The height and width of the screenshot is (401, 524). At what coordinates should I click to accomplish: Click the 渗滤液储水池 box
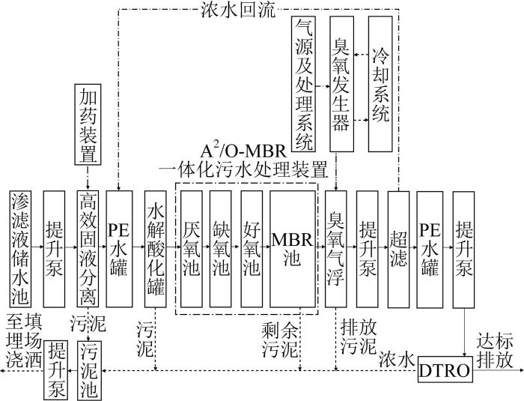pos(20,249)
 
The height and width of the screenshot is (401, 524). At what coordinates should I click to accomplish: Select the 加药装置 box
pos(88,124)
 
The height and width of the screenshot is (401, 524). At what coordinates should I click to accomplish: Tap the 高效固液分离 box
pos(88,249)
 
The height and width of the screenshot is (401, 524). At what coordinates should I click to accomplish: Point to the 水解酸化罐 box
pos(156,249)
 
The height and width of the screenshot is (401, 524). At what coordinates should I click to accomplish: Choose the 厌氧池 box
pos(192,249)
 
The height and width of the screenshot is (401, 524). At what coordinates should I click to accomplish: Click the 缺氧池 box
pos(221,249)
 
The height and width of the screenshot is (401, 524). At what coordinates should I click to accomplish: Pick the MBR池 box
pos(293,249)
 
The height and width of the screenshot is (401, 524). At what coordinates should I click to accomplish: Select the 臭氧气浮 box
pos(336,249)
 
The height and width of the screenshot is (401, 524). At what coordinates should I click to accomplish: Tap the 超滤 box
pos(398,249)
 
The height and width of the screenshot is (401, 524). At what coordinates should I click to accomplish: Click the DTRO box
pos(445,370)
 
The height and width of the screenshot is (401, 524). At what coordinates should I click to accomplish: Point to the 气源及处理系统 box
pos(303,84)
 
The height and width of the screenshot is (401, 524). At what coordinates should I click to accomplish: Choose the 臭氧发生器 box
pos(342,84)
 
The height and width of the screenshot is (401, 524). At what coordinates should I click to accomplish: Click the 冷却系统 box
pos(380,84)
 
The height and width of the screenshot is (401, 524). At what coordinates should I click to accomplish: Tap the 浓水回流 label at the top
pos(238,10)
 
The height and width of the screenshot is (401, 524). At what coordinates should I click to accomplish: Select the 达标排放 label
pos(495,351)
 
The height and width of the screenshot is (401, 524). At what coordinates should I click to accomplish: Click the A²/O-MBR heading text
pos(243,152)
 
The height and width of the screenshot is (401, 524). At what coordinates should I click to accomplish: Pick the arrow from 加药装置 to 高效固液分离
pos(88,177)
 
